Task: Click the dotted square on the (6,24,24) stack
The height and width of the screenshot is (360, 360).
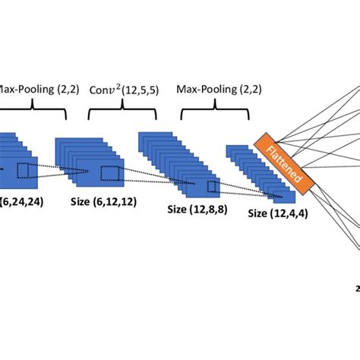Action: (x=26, y=170)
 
